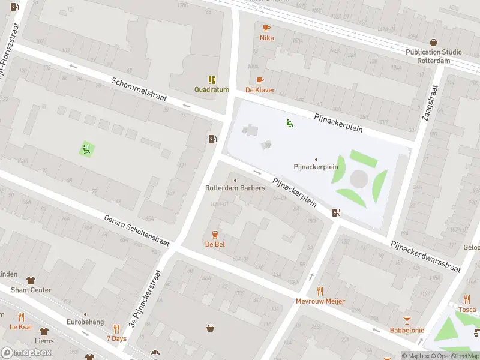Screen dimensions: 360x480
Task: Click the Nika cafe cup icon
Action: pyautogui.click(x=266, y=28)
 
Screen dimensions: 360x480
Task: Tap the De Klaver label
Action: pyautogui.click(x=260, y=90)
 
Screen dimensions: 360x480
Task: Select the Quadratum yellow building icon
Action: pyautogui.click(x=212, y=79)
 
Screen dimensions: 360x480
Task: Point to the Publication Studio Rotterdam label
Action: pyautogui.click(x=433, y=56)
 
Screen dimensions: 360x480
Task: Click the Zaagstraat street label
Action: pyautogui.click(x=429, y=103)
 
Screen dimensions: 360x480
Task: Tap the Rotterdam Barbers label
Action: pyautogui.click(x=235, y=188)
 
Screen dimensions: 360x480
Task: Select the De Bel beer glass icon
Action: pyautogui.click(x=215, y=234)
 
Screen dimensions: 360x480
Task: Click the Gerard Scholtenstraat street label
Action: pyautogui.click(x=136, y=231)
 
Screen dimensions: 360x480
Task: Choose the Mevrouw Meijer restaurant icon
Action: pyautogui.click(x=320, y=291)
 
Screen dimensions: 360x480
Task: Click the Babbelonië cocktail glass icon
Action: pyautogui.click(x=407, y=320)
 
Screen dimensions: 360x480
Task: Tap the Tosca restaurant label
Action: pyautogui.click(x=467, y=310)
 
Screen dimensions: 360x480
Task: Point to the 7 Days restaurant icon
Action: pyautogui.click(x=116, y=329)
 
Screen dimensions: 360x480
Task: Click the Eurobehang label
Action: pyautogui.click(x=85, y=322)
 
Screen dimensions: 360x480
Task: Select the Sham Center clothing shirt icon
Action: pyautogui.click(x=31, y=280)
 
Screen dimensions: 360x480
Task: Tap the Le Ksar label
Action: pyautogui.click(x=21, y=327)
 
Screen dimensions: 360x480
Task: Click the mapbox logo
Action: pyautogui.click(x=26, y=353)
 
